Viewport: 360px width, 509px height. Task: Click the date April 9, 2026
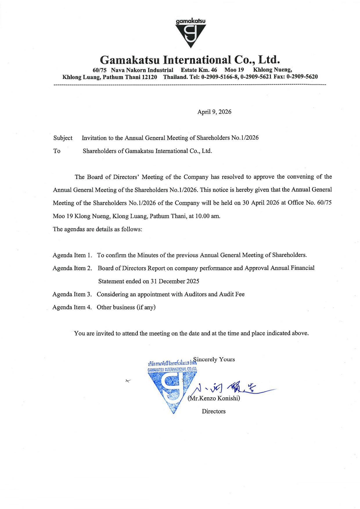214,112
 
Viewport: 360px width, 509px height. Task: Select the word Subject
63,138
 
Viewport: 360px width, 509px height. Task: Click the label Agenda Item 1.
72,255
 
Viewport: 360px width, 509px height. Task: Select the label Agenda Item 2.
72,268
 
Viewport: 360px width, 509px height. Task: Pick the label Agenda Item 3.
72,295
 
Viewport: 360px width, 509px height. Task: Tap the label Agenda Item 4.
72,308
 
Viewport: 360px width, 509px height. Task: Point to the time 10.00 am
208,216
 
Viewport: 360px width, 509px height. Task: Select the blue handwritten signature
229,388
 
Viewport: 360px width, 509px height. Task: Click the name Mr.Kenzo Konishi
214,398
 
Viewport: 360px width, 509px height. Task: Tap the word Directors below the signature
214,411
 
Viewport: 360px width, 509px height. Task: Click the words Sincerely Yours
214,360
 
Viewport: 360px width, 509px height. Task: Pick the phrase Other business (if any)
126,308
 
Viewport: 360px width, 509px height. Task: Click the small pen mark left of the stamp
128,381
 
